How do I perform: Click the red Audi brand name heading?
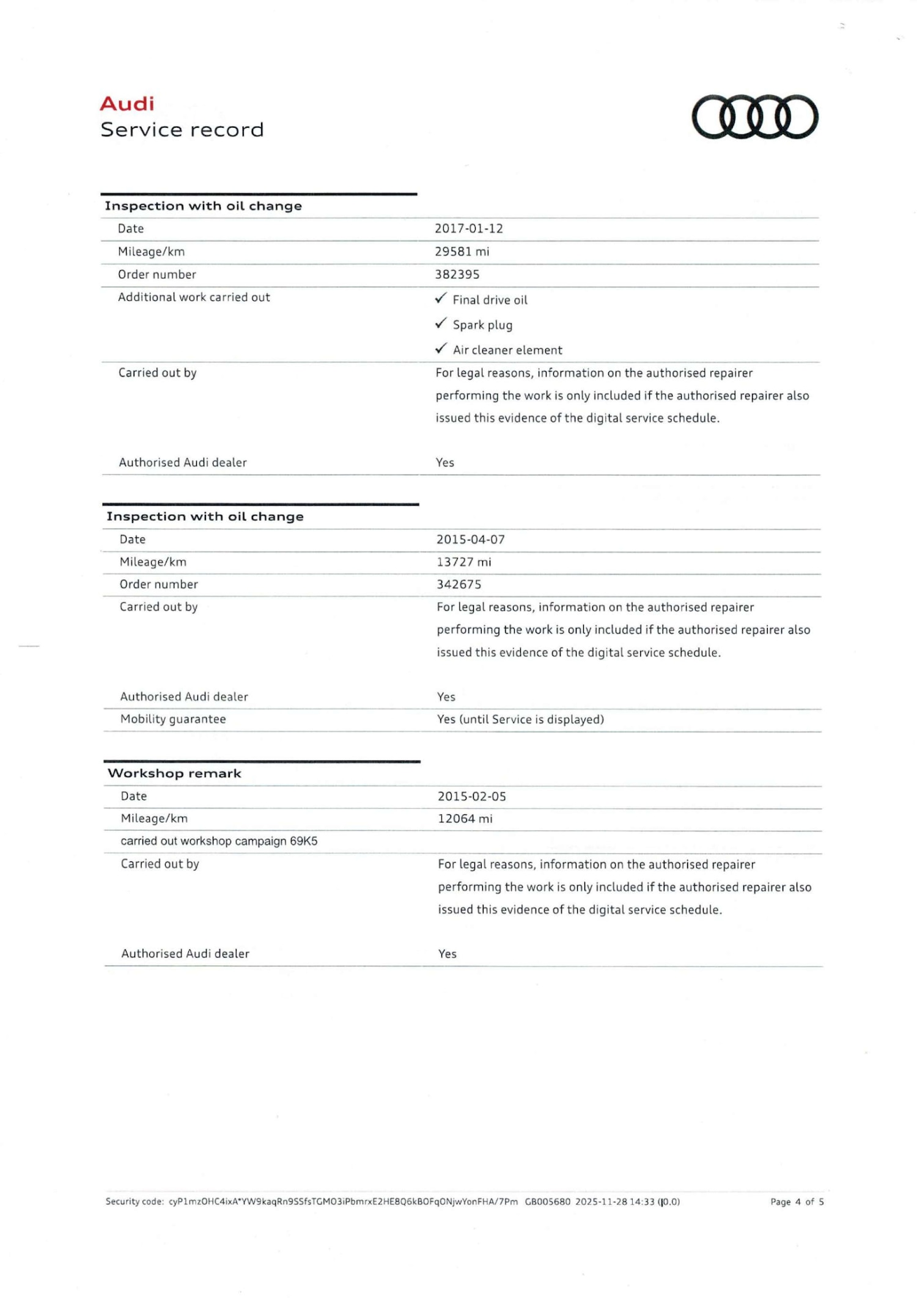[127, 104]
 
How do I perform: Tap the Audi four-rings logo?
[754, 117]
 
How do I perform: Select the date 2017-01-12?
[468, 229]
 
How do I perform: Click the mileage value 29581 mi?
[462, 251]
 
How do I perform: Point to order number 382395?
[457, 275]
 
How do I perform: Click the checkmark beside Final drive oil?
[441, 298]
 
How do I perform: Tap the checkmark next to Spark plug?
[441, 323]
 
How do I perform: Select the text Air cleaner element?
[507, 350]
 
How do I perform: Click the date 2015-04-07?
[470, 539]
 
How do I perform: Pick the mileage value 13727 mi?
[463, 562]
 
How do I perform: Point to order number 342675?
[458, 584]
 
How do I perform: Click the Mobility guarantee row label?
[173, 719]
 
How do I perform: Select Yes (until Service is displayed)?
[520, 720]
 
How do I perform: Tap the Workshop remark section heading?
[174, 773]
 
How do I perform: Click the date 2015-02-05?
[471, 796]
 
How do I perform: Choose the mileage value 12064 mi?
[465, 819]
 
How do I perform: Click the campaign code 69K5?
[303, 841]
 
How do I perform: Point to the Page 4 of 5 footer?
[797, 1202]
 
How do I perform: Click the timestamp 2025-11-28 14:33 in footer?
[614, 1202]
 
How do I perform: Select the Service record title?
[182, 130]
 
